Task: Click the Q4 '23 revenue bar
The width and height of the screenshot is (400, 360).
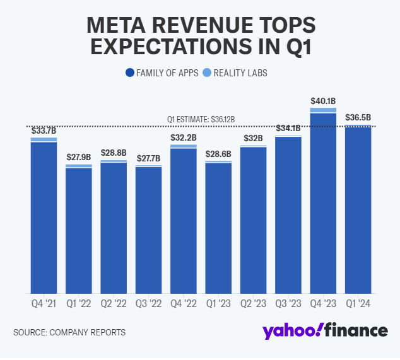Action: click(x=323, y=202)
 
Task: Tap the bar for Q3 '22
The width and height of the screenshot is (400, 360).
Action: click(x=148, y=230)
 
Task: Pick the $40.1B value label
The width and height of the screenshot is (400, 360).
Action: click(x=323, y=101)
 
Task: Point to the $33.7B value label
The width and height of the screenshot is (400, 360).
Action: click(x=44, y=131)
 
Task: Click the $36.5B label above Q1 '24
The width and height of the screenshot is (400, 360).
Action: click(x=358, y=117)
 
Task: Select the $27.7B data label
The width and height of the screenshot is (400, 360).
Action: click(x=148, y=157)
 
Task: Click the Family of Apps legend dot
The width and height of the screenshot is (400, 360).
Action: click(x=130, y=73)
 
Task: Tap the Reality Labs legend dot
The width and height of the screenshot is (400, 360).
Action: click(x=206, y=73)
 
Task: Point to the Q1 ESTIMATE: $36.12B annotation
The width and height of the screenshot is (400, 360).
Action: click(x=201, y=119)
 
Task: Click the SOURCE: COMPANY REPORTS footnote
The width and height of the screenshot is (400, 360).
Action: click(x=69, y=332)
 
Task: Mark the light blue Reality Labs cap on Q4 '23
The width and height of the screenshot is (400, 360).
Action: click(x=323, y=110)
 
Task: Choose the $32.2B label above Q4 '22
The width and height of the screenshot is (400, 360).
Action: click(x=183, y=137)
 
